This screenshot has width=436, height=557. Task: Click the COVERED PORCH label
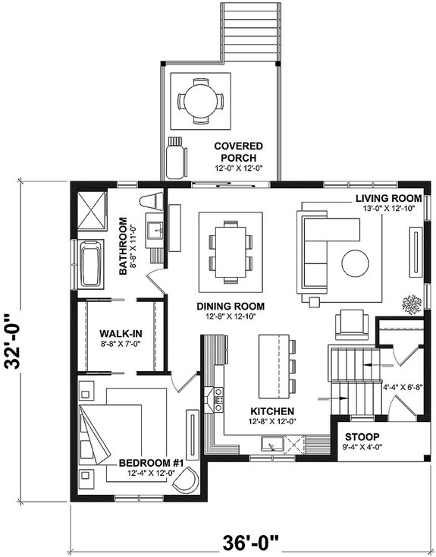click(x=237, y=151)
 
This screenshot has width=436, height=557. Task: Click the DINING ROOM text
click(x=228, y=307)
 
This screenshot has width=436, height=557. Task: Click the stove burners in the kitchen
click(x=219, y=396)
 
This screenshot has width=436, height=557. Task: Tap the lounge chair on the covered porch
click(x=177, y=156)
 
